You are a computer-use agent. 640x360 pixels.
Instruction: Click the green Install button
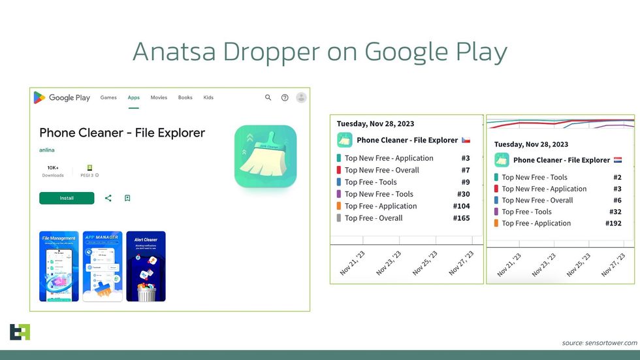(x=67, y=198)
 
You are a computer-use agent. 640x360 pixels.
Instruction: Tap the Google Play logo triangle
(x=40, y=98)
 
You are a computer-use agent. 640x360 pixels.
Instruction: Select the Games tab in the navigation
(x=108, y=98)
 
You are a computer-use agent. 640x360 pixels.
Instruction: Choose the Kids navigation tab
(x=208, y=98)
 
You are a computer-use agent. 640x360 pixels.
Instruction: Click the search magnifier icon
(x=268, y=98)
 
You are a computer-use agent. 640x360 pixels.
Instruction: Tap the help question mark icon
(x=285, y=98)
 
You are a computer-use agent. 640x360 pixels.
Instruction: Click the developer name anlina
(x=47, y=150)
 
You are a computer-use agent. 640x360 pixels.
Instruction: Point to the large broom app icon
(x=265, y=156)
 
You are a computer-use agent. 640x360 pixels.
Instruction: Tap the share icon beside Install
(x=108, y=198)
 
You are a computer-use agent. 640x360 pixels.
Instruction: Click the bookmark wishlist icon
(x=127, y=198)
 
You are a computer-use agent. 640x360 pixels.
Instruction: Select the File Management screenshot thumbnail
(x=59, y=266)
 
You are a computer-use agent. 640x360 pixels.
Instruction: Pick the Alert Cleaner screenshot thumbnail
(x=146, y=266)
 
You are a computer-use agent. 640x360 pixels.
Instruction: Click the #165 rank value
(x=461, y=218)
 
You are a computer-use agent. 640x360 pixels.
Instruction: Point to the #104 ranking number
(x=461, y=206)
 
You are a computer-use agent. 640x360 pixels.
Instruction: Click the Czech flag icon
(x=466, y=140)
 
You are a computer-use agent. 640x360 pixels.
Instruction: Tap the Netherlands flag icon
(x=617, y=160)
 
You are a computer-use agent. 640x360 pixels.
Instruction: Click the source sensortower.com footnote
(x=599, y=343)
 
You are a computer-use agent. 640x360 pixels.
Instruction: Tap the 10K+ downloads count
(x=54, y=168)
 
